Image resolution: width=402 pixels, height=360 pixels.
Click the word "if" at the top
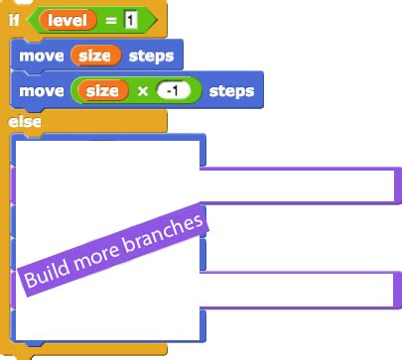tap(14, 19)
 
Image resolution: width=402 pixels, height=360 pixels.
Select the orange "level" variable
tap(67, 19)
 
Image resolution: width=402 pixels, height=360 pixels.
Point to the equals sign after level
tap(111, 19)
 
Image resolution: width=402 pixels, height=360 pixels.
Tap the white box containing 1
tap(130, 19)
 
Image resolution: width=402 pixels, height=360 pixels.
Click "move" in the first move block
tap(40, 56)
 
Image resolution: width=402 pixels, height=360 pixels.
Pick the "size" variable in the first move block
tap(94, 56)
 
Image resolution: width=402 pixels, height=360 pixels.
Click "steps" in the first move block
tap(150, 56)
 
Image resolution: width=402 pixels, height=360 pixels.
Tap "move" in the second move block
tap(40, 91)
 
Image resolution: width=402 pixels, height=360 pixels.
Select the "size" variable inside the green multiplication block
tap(102, 91)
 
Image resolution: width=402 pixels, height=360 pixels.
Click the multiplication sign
tap(141, 91)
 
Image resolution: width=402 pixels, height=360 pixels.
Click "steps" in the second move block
tap(232, 91)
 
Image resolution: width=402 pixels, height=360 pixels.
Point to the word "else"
tap(24, 122)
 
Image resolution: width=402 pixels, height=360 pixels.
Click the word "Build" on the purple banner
tap(46, 276)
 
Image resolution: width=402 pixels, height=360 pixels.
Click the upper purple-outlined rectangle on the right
tap(298, 183)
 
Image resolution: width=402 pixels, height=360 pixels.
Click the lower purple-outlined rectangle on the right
tap(298, 289)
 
